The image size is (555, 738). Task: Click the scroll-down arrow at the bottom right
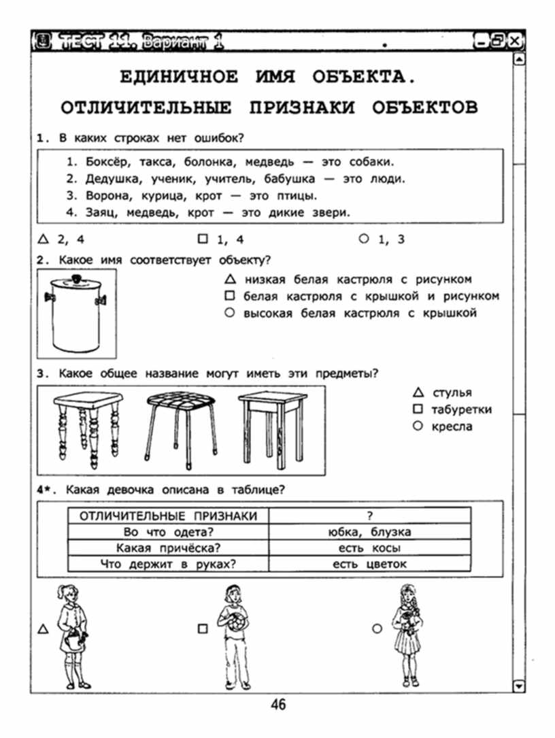[520, 686]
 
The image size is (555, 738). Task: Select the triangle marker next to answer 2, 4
[44, 239]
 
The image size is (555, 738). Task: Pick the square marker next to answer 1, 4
[202, 239]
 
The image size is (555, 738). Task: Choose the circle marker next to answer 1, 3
[363, 239]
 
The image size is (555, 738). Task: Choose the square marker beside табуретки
[418, 409]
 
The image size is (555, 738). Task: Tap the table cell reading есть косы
[369, 548]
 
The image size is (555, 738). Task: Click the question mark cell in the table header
[369, 516]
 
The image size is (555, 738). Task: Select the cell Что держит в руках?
[167, 564]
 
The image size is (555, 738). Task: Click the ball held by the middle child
[235, 623]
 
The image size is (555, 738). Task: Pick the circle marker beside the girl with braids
[377, 629]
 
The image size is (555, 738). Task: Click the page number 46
[278, 705]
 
